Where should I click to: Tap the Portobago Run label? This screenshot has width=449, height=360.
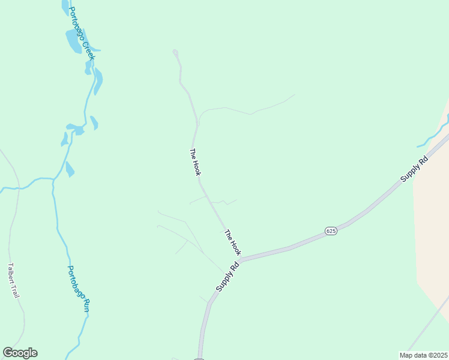pyautogui.click(x=78, y=289)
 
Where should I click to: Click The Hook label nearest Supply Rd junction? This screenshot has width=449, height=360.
pyautogui.click(x=232, y=242)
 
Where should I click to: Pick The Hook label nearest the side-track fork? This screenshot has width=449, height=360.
pyautogui.click(x=194, y=162)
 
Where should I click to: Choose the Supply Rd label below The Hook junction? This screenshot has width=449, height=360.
pyautogui.click(x=228, y=277)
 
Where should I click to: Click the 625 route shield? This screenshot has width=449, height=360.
pyautogui.click(x=332, y=230)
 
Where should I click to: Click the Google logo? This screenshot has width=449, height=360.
pyautogui.click(x=20, y=353)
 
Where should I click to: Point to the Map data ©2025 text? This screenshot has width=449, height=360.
pyautogui.click(x=423, y=355)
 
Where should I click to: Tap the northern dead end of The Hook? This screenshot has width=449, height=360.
pyautogui.click(x=175, y=52)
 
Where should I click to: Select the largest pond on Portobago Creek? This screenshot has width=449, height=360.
pyautogui.click(x=73, y=40)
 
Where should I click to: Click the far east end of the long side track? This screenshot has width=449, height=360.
pyautogui.click(x=295, y=94)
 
